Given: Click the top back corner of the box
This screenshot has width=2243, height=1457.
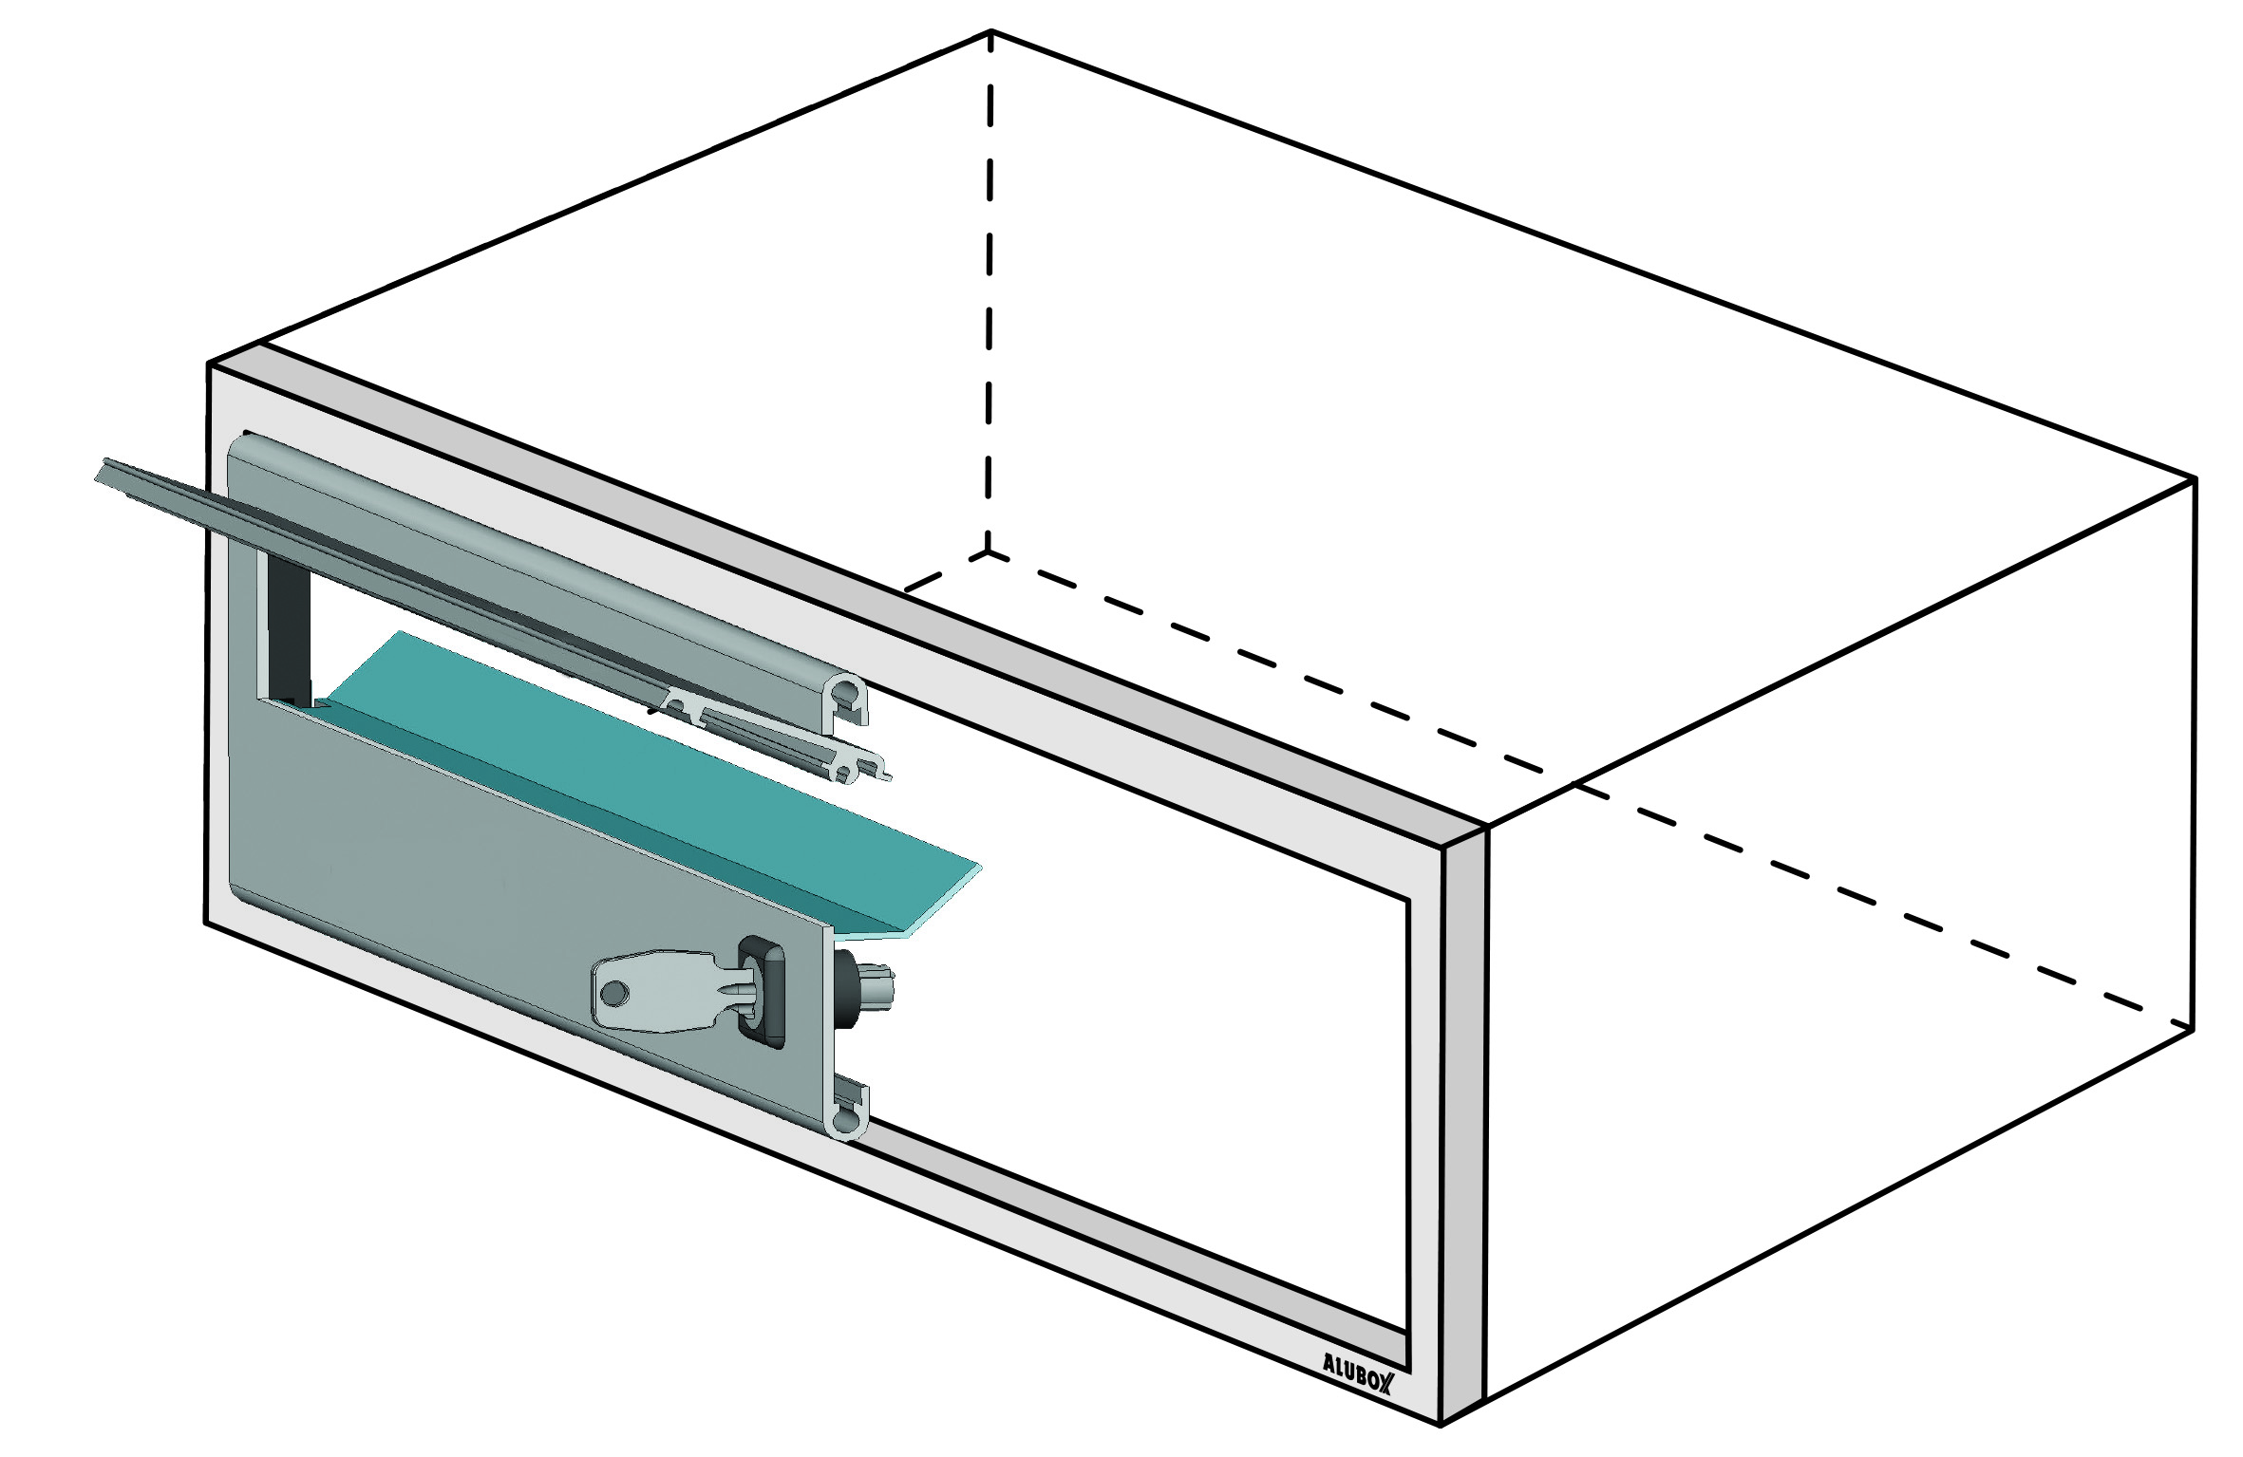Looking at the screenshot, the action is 990,30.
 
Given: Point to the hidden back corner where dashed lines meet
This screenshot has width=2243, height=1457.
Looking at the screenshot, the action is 989,551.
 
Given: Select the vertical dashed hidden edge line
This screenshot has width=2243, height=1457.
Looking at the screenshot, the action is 990,290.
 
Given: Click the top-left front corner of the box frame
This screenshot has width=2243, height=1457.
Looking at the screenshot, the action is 208,363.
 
